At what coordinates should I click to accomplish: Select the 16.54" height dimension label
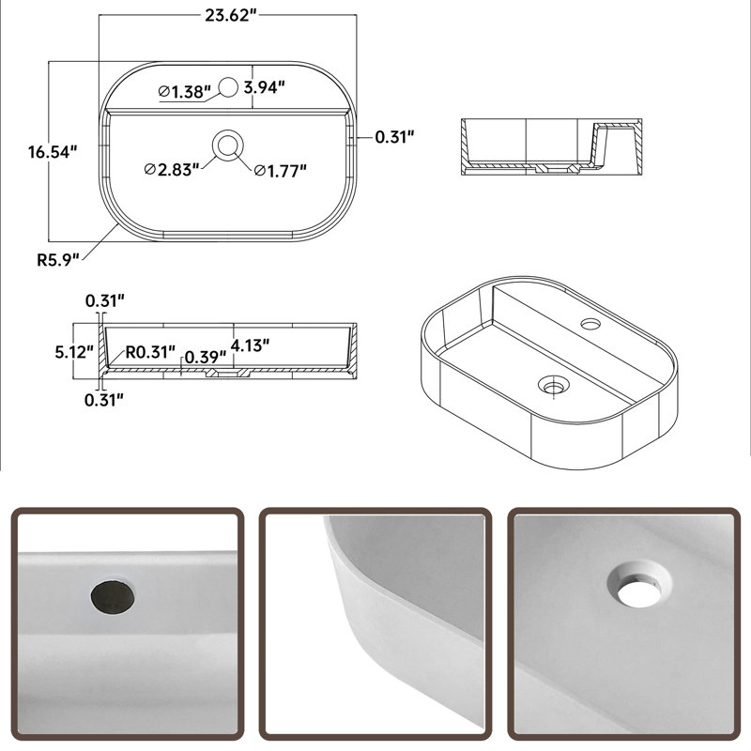pyautogui.click(x=53, y=152)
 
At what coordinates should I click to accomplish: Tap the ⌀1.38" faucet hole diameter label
pyautogui.click(x=184, y=91)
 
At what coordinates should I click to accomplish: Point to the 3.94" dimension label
pyautogui.click(x=265, y=87)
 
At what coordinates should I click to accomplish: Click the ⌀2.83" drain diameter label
pyautogui.click(x=172, y=170)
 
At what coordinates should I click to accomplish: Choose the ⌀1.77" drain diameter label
pyautogui.click(x=280, y=171)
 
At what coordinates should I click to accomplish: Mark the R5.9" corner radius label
pyautogui.click(x=58, y=260)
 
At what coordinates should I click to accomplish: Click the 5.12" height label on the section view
pyautogui.click(x=74, y=352)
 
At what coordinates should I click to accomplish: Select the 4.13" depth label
pyautogui.click(x=250, y=345)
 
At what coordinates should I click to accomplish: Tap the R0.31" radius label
pyautogui.click(x=150, y=352)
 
